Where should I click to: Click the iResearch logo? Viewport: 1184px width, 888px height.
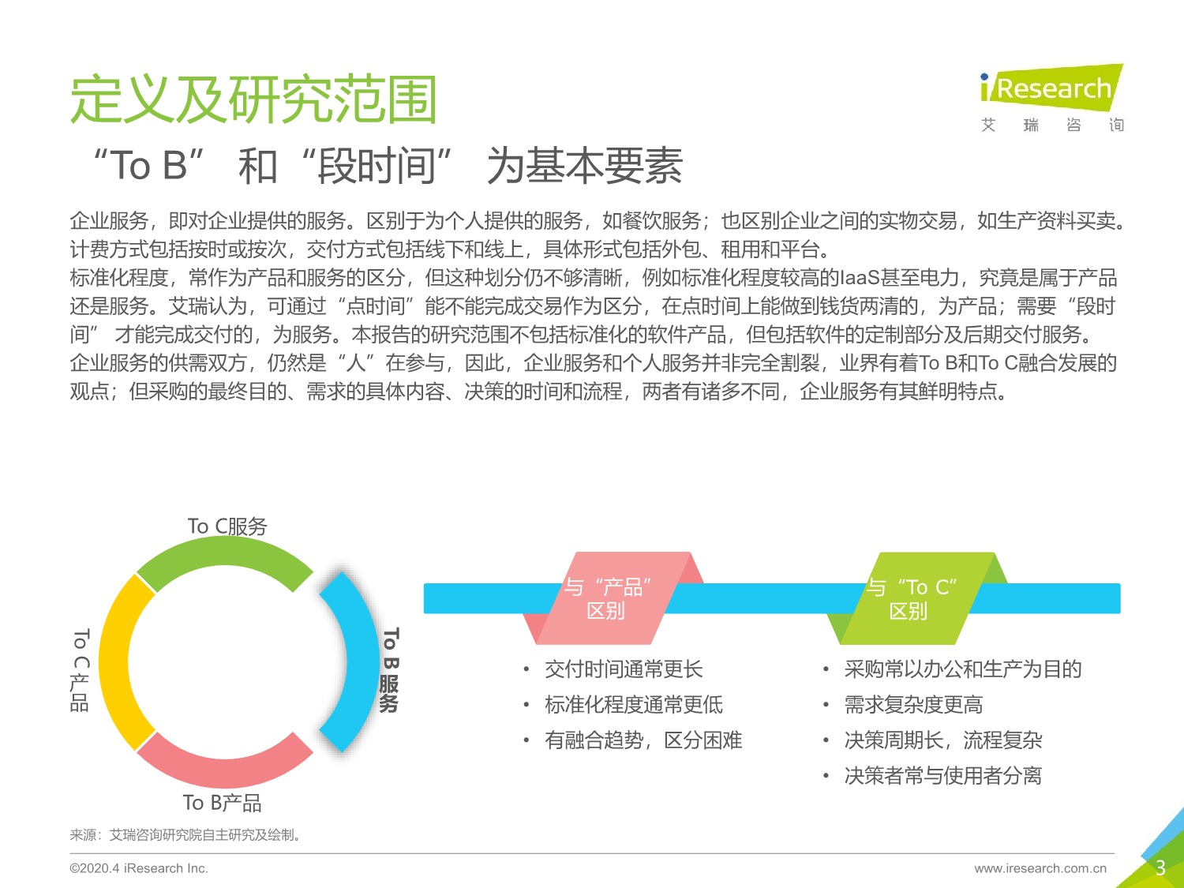click(1051, 88)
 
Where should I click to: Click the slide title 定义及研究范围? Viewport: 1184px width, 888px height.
click(253, 100)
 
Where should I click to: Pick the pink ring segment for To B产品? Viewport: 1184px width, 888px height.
click(225, 762)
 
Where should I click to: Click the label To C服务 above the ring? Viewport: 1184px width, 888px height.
click(227, 526)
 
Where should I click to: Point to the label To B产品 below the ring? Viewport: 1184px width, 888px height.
click(222, 803)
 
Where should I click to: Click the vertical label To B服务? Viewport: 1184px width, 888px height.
click(390, 670)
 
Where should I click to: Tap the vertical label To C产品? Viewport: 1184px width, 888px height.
click(81, 670)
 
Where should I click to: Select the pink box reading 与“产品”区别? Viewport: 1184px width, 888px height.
click(606, 598)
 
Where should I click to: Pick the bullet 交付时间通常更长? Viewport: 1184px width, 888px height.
click(624, 669)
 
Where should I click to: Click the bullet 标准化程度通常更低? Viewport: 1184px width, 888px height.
click(633, 705)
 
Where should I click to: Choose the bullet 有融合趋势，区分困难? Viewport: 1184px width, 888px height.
click(643, 740)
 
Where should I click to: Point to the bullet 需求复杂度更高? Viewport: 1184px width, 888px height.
click(913, 705)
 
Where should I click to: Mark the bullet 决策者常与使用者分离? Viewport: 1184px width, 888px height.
click(942, 776)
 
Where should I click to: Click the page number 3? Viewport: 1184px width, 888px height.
click(1160, 868)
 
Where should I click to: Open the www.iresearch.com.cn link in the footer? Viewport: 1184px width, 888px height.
click(1040, 868)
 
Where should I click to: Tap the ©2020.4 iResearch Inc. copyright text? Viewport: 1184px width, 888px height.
click(139, 868)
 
